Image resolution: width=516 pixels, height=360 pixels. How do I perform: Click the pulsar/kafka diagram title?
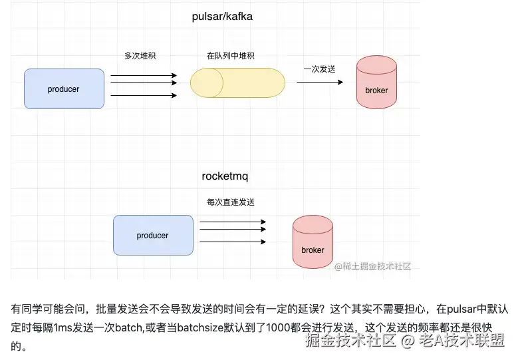click(x=222, y=17)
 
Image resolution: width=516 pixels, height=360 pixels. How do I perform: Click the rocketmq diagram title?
click(x=225, y=176)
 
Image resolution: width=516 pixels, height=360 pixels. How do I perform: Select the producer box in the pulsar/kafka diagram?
click(x=64, y=89)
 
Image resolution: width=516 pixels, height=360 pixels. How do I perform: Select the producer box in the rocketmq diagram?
click(x=152, y=236)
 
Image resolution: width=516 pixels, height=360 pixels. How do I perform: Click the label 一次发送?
click(x=319, y=69)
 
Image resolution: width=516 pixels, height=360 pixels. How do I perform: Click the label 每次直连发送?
click(x=231, y=202)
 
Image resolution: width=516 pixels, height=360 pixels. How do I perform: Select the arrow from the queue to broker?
click(x=319, y=83)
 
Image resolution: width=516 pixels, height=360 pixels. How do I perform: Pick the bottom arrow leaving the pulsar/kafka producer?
click(x=143, y=96)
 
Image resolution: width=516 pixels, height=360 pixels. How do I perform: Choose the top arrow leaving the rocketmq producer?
click(x=233, y=222)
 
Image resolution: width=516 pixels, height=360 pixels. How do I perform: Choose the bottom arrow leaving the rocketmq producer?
click(x=233, y=242)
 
